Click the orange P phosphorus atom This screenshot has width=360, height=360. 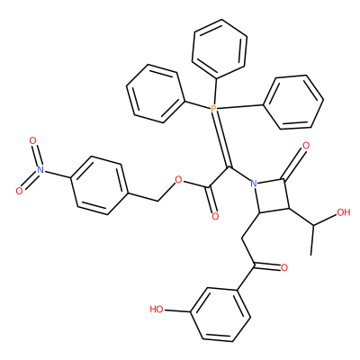(x=213, y=108)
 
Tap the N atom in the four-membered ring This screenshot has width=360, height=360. (x=254, y=184)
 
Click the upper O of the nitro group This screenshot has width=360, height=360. (x=32, y=140)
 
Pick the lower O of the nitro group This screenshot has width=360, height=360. (x=19, y=191)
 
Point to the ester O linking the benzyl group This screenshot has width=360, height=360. (x=179, y=180)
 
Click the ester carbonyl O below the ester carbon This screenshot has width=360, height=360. (x=215, y=216)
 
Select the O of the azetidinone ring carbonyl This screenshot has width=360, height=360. (x=306, y=146)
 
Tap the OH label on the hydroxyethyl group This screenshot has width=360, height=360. (x=344, y=212)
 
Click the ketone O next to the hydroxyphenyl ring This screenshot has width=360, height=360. (x=283, y=267)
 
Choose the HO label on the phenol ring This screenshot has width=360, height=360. (x=157, y=310)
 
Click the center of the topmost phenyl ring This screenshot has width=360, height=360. (x=220, y=48)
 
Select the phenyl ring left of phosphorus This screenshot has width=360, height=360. (x=156, y=94)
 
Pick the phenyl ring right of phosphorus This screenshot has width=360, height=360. (x=293, y=103)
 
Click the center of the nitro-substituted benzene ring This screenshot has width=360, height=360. (x=100, y=185)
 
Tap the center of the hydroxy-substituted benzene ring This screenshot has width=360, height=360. (x=220, y=315)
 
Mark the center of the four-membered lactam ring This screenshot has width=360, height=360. (x=272, y=196)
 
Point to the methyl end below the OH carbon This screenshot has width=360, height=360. (x=311, y=256)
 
